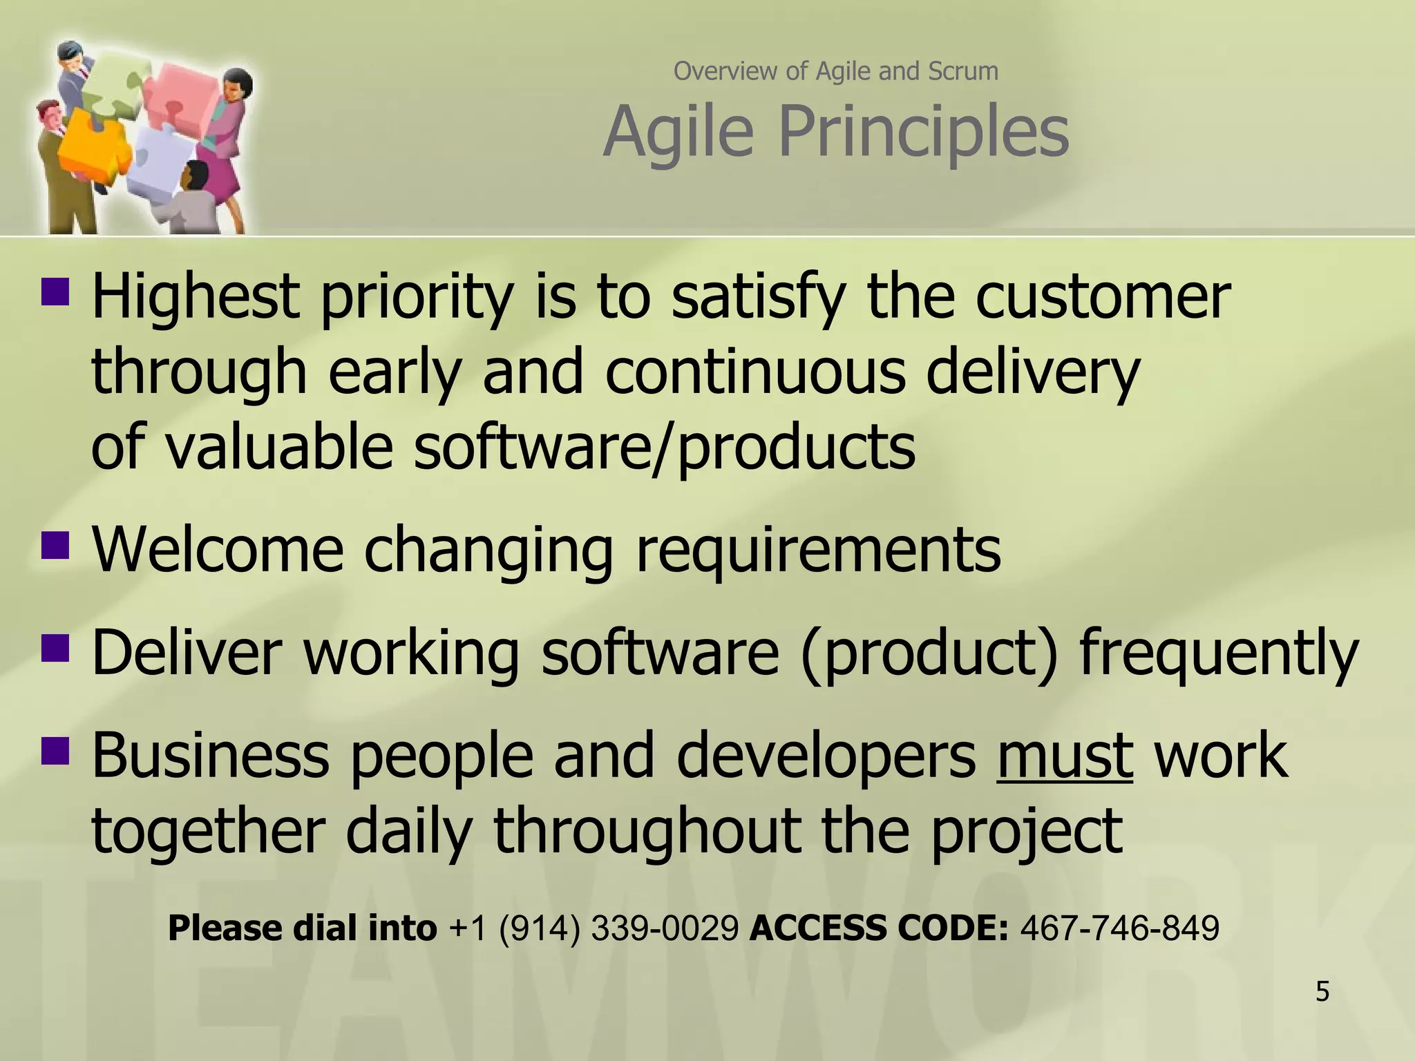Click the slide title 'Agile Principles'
(x=836, y=131)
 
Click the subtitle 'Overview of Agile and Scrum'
(x=836, y=70)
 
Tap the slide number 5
(x=1322, y=992)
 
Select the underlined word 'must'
(x=1065, y=756)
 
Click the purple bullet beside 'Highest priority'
(x=55, y=291)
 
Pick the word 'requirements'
(x=817, y=551)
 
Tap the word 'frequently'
(x=1219, y=653)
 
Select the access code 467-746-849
(x=1119, y=928)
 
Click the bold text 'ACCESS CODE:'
(x=879, y=928)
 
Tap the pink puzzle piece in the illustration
(x=183, y=97)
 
